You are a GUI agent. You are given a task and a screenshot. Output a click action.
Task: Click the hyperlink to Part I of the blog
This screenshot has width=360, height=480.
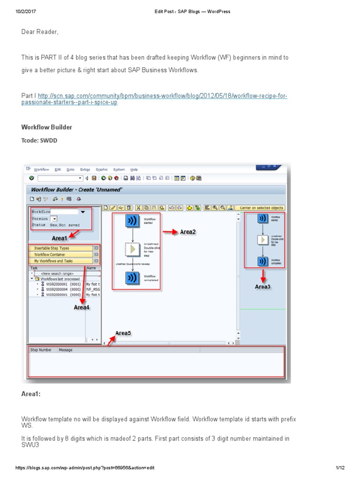[155, 99]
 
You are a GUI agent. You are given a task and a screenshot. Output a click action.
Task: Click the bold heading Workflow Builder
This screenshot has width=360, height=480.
[47, 127]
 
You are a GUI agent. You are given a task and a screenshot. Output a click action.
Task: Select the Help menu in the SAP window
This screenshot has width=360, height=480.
[134, 169]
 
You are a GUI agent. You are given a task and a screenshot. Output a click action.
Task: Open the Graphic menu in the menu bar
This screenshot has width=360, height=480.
[102, 169]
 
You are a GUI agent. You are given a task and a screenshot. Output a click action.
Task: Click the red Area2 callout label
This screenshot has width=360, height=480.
[187, 232]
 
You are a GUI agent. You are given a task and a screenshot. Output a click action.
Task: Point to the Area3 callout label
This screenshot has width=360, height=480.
[262, 286]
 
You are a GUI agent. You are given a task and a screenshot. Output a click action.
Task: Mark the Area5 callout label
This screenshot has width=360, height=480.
[123, 333]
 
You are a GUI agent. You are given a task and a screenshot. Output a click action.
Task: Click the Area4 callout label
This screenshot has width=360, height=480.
[82, 307]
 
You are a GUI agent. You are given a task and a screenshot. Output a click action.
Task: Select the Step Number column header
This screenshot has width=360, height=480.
[41, 350]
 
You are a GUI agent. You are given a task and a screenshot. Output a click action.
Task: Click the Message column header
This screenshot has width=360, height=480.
[66, 350]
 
